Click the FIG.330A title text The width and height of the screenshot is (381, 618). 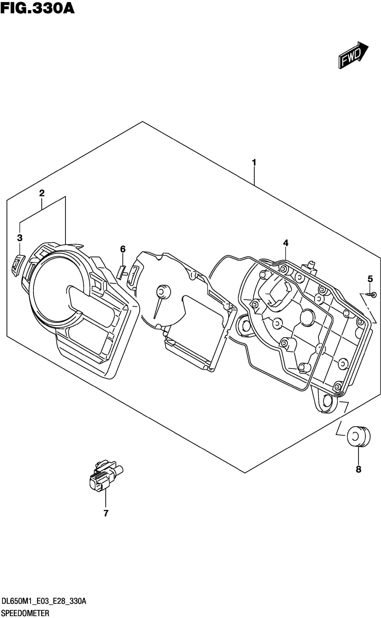click(x=37, y=8)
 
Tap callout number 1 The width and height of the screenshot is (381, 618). click(x=254, y=163)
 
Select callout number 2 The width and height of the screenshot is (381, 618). click(x=42, y=193)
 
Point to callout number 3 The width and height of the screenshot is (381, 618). click(x=20, y=237)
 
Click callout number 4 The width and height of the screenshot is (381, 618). click(x=285, y=243)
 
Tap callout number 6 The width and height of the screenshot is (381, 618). click(x=123, y=249)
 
